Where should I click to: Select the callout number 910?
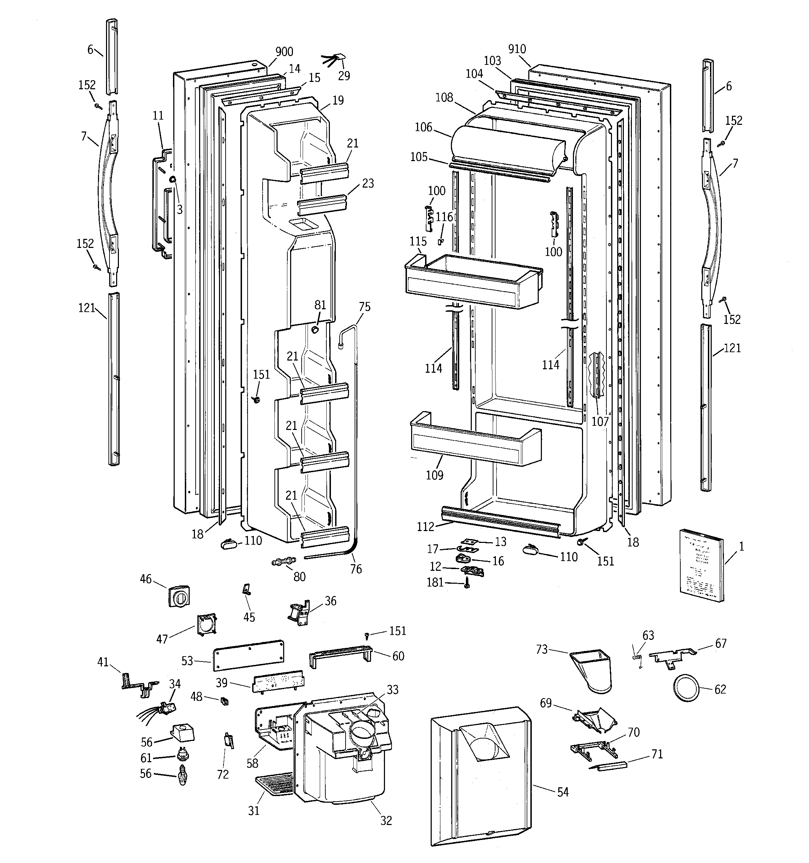[517, 49]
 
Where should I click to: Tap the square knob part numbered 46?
[179, 597]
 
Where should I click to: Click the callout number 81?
[320, 305]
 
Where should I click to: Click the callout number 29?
[344, 76]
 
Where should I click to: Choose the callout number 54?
[563, 792]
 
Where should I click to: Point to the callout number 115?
[418, 241]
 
